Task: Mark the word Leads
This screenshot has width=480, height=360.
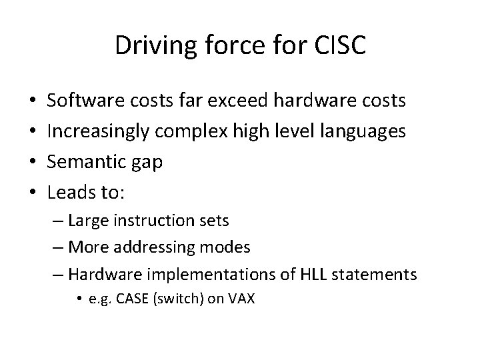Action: [68, 193]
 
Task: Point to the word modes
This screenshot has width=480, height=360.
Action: [227, 248]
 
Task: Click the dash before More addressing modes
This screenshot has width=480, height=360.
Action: [59, 248]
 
